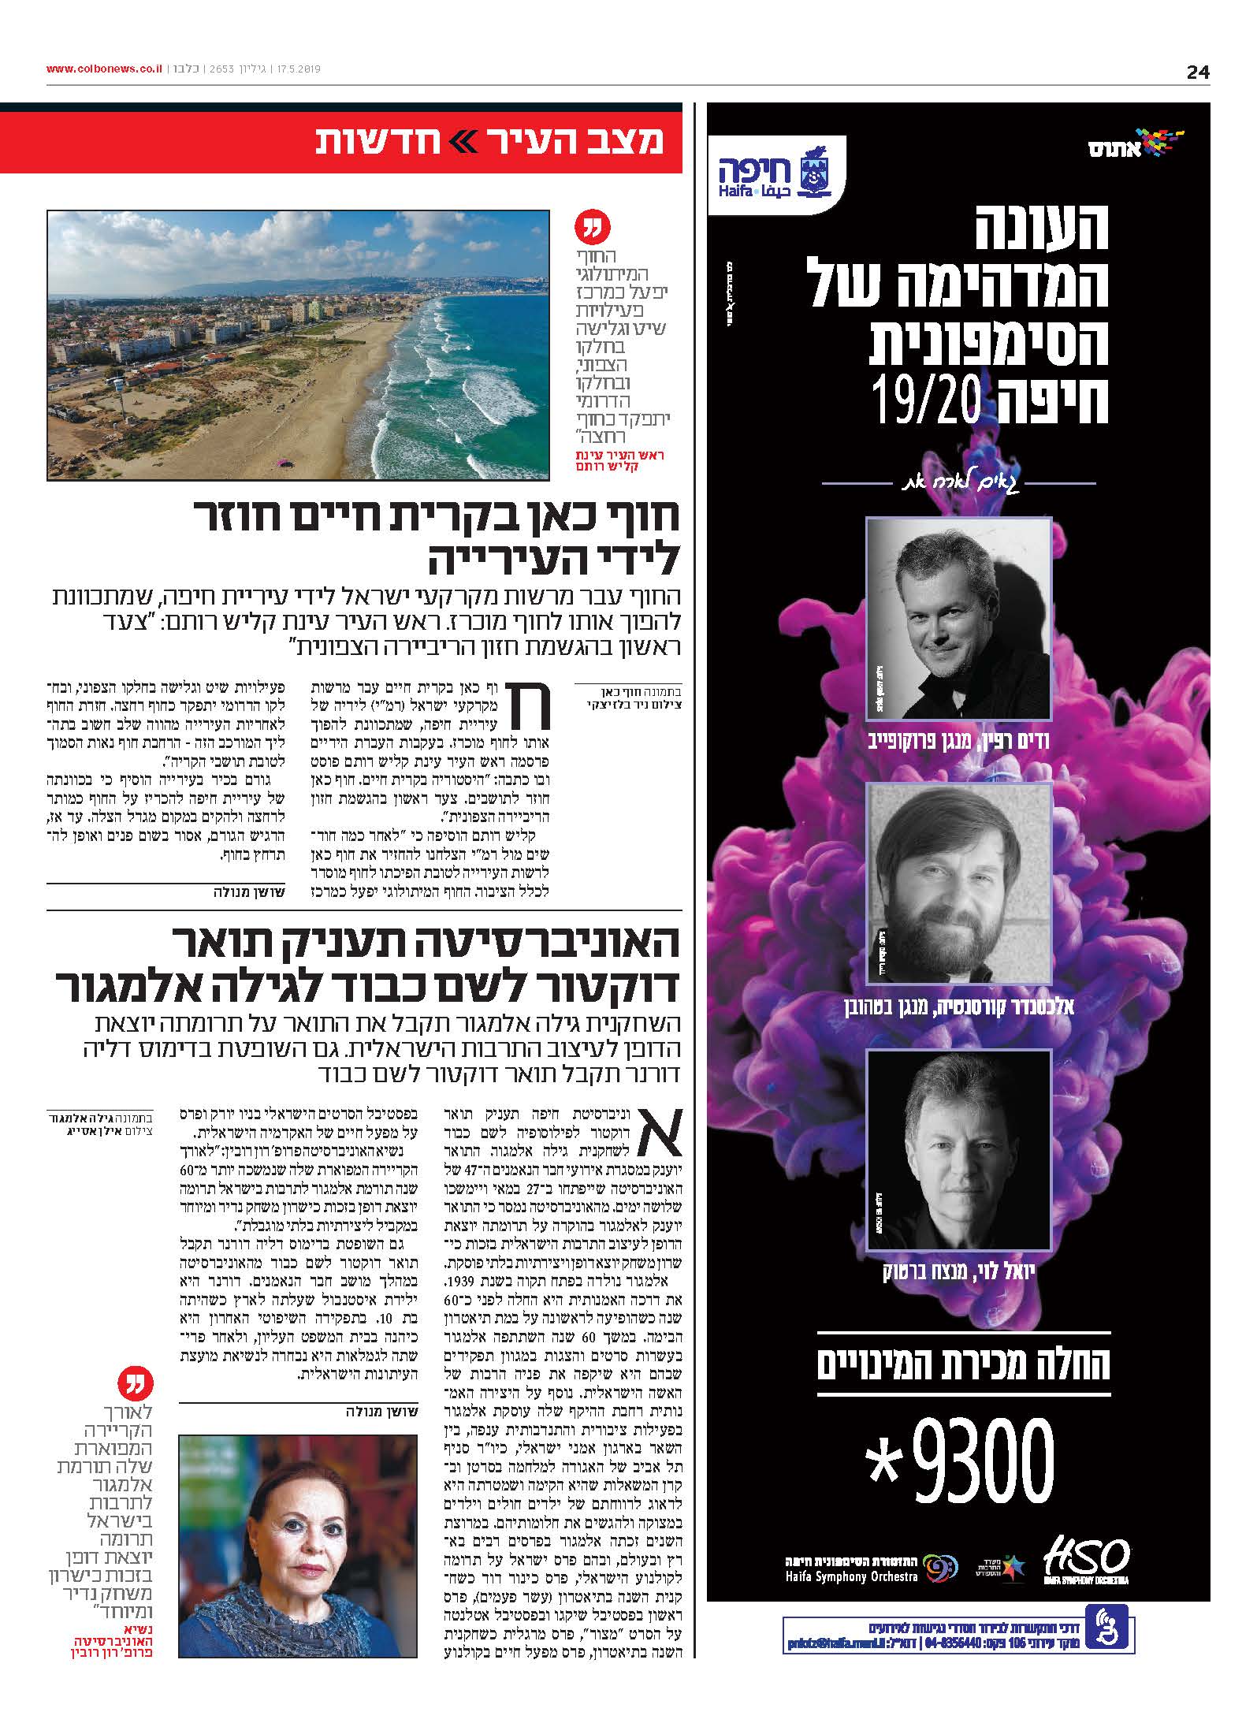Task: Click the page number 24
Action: coord(1197,73)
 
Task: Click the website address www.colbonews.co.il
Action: coord(104,69)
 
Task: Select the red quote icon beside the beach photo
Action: coord(592,229)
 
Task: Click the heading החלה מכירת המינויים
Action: coord(963,1364)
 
